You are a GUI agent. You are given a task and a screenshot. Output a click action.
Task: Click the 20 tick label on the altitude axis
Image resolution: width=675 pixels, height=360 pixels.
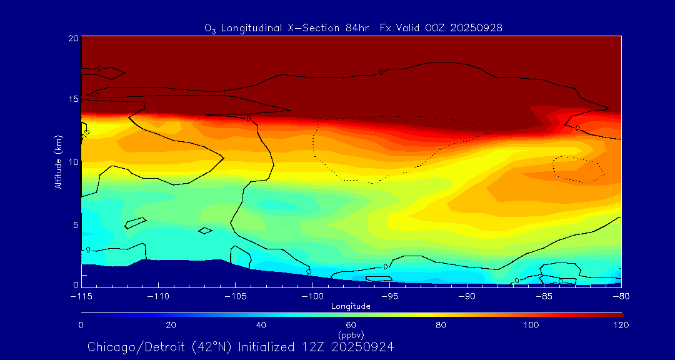[x=72, y=39]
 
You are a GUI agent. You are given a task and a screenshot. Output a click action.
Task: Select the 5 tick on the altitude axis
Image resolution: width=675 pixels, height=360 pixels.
[x=74, y=224]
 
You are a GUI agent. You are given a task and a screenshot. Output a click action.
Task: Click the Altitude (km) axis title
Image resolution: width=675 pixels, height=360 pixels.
[x=58, y=161]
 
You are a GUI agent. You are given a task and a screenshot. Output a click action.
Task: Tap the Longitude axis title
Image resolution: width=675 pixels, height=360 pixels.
[x=351, y=306]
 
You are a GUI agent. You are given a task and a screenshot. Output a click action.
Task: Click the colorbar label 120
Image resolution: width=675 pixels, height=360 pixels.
[x=621, y=325]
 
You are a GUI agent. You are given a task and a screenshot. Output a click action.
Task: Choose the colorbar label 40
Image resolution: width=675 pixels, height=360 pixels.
[x=261, y=325]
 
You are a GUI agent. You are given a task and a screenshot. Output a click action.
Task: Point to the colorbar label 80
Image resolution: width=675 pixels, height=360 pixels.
[x=441, y=325]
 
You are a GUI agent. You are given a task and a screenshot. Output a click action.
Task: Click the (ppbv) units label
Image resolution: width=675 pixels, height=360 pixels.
[x=351, y=335]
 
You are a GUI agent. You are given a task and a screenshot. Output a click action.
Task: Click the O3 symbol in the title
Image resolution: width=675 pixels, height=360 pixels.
[x=211, y=28]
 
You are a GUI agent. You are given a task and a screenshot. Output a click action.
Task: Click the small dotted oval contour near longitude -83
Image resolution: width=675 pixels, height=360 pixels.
[x=578, y=169]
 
